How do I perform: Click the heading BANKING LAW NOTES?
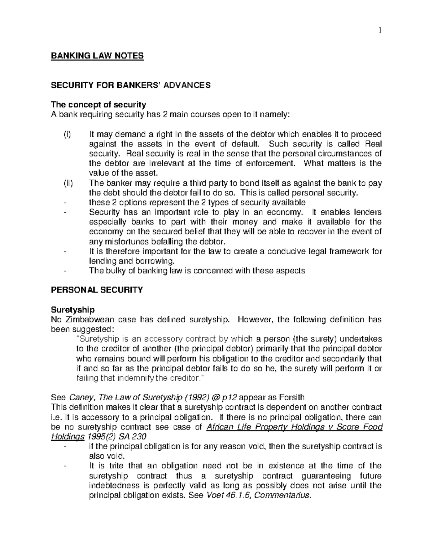[x=97, y=56]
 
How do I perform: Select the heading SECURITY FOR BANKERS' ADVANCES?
[x=130, y=85]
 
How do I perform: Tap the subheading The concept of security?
[x=98, y=105]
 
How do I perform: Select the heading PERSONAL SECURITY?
[x=97, y=290]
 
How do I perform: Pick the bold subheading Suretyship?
[x=73, y=310]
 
